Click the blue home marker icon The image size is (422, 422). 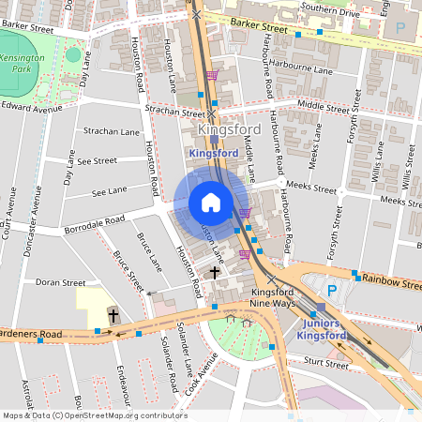pos(211,202)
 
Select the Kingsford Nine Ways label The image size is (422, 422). pos(248,297)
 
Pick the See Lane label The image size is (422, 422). pos(109,191)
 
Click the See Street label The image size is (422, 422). pos(97,160)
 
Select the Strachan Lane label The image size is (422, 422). pos(112,132)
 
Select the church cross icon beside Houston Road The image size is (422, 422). pos(214,272)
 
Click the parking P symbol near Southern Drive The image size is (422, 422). pos(400,28)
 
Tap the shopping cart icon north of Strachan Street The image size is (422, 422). pos(213,75)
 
